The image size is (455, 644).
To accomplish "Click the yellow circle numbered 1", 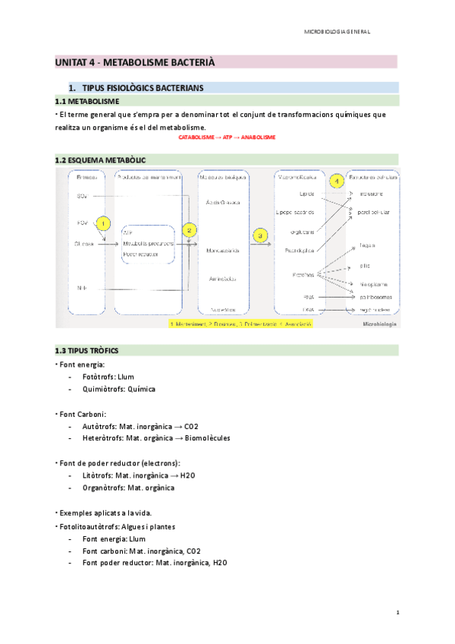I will click(x=104, y=225).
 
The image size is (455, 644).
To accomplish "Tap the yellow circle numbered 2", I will click(x=190, y=229).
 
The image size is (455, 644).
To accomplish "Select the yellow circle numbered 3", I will click(x=261, y=236).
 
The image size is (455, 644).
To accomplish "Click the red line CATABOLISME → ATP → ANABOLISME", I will click(x=227, y=137).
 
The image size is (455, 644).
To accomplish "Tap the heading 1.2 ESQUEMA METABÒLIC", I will click(x=100, y=160).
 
